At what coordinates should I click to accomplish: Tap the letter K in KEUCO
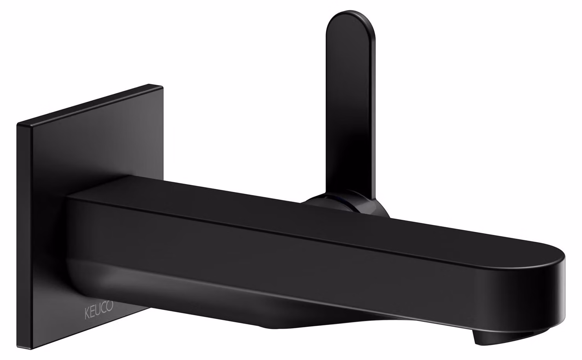pyautogui.click(x=87, y=314)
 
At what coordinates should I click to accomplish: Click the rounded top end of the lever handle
pyautogui.click(x=350, y=18)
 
